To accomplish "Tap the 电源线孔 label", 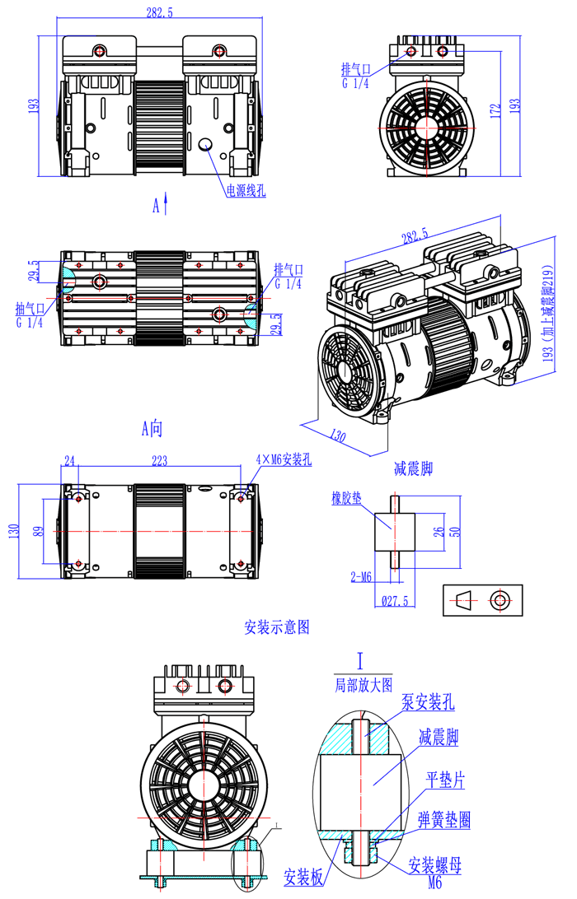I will [x=246, y=190].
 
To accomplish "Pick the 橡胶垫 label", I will [x=347, y=499].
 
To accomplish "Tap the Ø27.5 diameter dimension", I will [x=396, y=601].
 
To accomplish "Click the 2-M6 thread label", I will [x=360, y=577].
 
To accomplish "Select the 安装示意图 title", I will [x=277, y=627].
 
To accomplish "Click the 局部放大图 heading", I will [x=362, y=683].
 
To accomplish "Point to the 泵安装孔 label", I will [x=427, y=702].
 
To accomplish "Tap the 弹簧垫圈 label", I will [x=444, y=820].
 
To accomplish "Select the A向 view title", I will [x=153, y=427].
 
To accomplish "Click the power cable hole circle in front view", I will [x=205, y=144].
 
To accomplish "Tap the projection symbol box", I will [x=482, y=600].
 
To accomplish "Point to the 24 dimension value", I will [x=69, y=460].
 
